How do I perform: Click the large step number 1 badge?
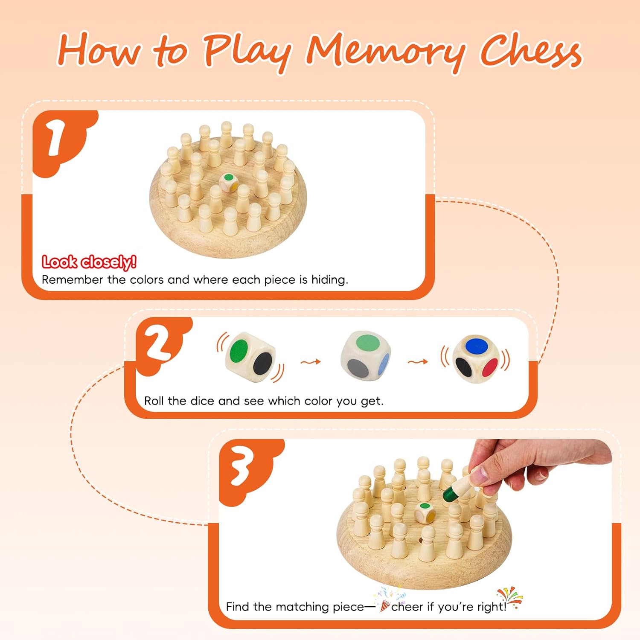tap(55, 137)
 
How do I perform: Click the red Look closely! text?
tap(89, 262)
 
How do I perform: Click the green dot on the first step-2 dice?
tap(239, 351)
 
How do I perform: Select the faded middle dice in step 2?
tap(366, 355)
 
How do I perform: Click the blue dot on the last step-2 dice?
tap(477, 346)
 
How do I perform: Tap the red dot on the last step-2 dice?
tap(491, 367)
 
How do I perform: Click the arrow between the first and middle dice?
tap(311, 362)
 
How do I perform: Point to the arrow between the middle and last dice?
tap(418, 362)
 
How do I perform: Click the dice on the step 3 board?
tap(425, 512)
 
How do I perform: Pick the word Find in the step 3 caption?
tap(238, 607)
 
